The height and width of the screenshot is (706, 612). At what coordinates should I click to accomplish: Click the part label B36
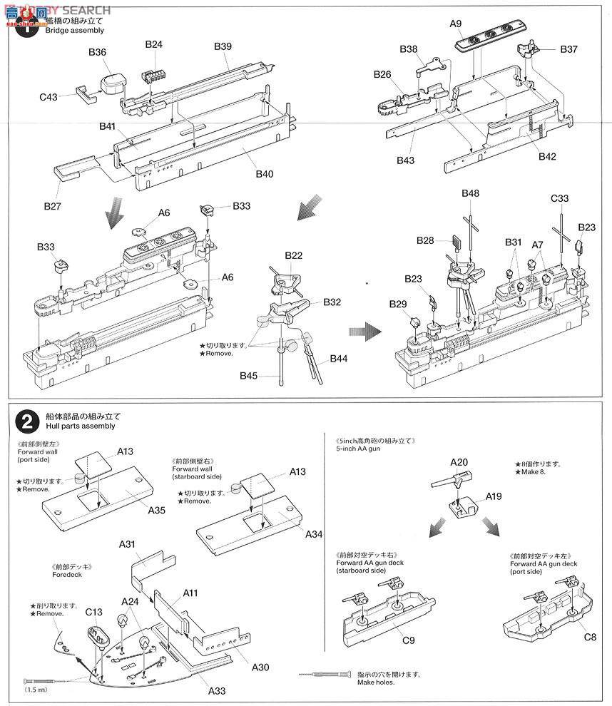[97, 52]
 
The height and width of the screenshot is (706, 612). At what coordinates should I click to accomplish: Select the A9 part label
[457, 24]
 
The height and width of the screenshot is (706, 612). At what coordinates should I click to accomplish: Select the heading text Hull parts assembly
[79, 426]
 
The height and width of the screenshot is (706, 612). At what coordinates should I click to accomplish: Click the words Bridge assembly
[74, 31]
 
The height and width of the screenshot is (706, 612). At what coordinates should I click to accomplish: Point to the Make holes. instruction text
[377, 683]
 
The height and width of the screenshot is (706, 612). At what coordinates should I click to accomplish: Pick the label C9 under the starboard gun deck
[408, 640]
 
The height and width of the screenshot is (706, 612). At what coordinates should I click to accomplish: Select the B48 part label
[470, 194]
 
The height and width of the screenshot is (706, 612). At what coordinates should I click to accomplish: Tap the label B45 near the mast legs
[249, 376]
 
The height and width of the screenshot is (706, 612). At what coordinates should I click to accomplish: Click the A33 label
[218, 690]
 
